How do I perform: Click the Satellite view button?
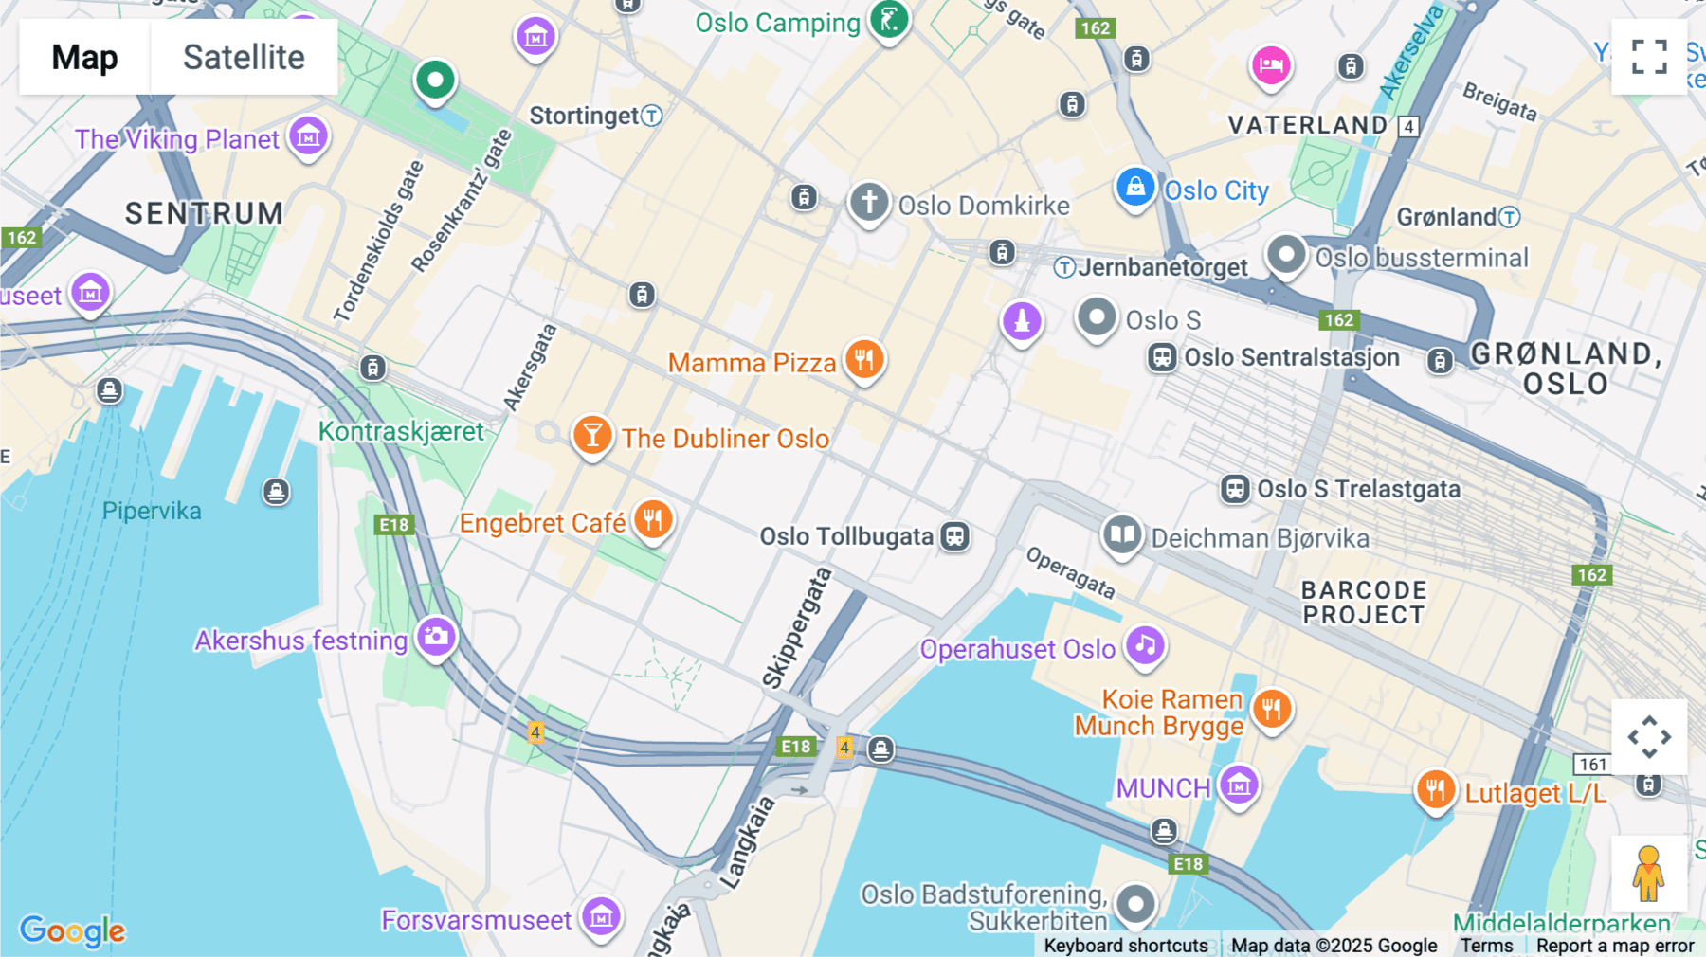pyautogui.click(x=244, y=57)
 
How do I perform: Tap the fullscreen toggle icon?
pyautogui.click(x=1649, y=57)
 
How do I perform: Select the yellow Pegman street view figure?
pyautogui.click(x=1648, y=874)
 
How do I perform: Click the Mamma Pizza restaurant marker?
pyautogui.click(x=863, y=360)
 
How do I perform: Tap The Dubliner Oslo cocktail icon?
pyautogui.click(x=592, y=436)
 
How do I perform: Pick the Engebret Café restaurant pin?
pyautogui.click(x=652, y=519)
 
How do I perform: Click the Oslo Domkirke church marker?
pyautogui.click(x=869, y=202)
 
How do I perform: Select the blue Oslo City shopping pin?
pyautogui.click(x=1134, y=187)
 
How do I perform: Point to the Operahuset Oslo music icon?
pyautogui.click(x=1145, y=646)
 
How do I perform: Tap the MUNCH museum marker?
pyautogui.click(x=1239, y=785)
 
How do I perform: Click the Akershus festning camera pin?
pyautogui.click(x=436, y=636)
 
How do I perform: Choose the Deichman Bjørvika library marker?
pyautogui.click(x=1122, y=534)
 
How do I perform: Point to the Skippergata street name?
pyautogui.click(x=796, y=627)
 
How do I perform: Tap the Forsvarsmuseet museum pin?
pyautogui.click(x=602, y=916)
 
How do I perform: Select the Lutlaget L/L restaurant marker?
pyautogui.click(x=1435, y=789)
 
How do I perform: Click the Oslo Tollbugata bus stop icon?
pyautogui.click(x=954, y=536)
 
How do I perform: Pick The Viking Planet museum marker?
pyautogui.click(x=308, y=136)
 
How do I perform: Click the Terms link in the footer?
pyautogui.click(x=1486, y=945)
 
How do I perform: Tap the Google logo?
pyautogui.click(x=72, y=930)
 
